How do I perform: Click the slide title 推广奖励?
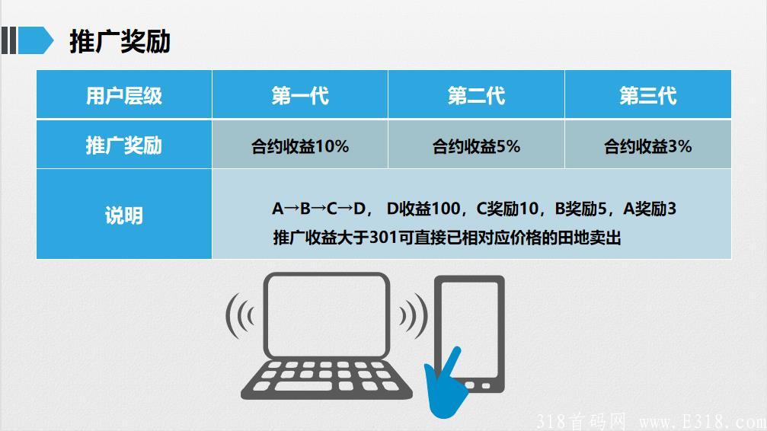point(120,41)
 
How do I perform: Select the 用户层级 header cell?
point(124,95)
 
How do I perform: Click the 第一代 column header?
point(300,95)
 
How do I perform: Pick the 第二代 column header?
point(476,95)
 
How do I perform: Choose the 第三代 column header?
point(647,95)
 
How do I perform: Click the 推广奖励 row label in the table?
point(124,145)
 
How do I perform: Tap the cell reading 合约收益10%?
point(300,146)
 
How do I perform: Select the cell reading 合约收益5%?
point(476,146)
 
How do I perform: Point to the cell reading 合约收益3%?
point(647,146)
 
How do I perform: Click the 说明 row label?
point(124,215)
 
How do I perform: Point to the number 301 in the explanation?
point(382,238)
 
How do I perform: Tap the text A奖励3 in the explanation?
point(650,208)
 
